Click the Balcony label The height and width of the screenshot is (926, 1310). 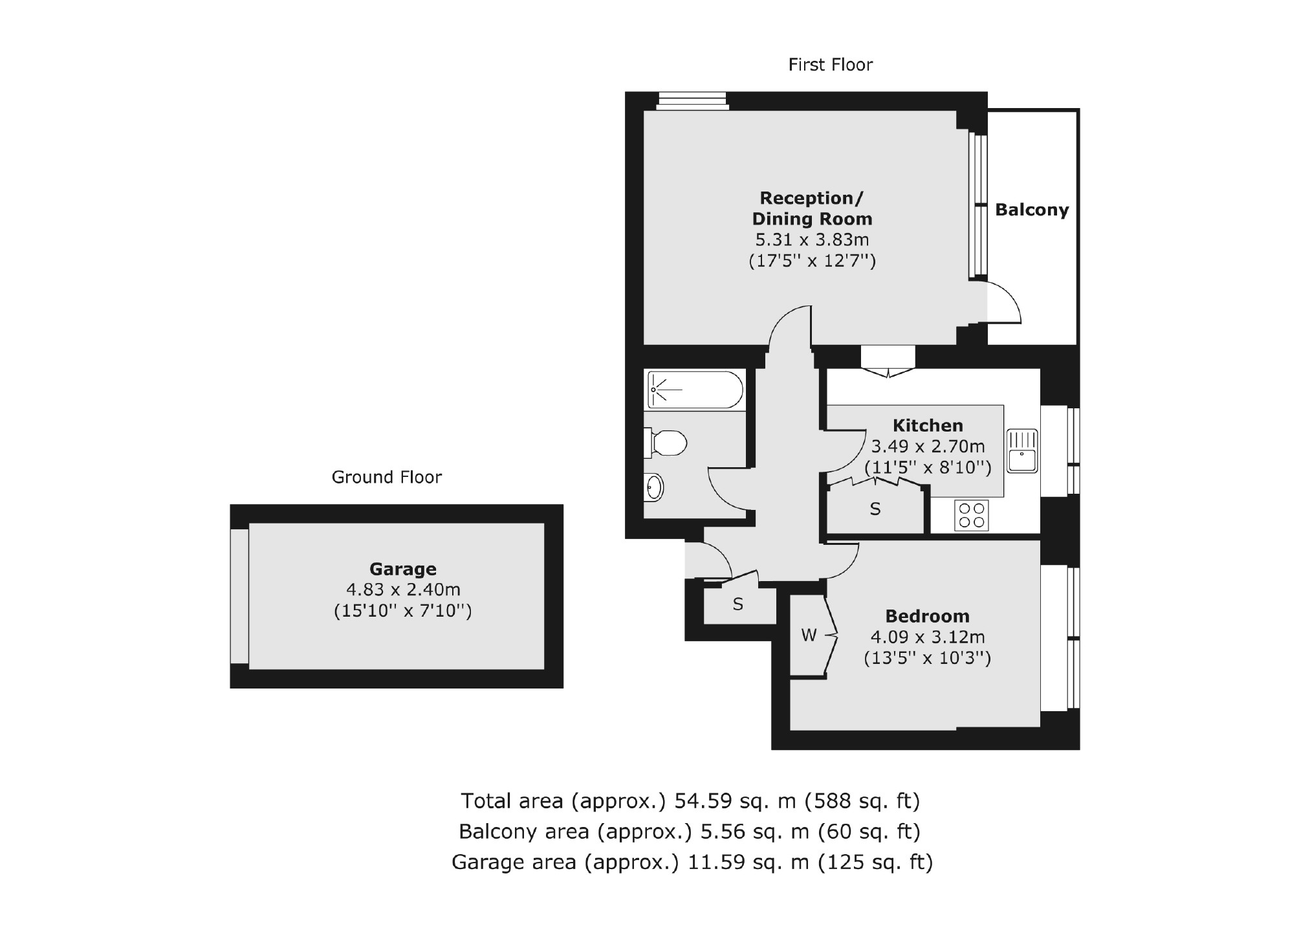pyautogui.click(x=1031, y=210)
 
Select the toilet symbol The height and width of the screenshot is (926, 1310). pyautogui.click(x=666, y=444)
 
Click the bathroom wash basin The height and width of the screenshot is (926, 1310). pyautogui.click(x=654, y=487)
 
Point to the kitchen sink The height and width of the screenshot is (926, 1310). pyautogui.click(x=1022, y=451)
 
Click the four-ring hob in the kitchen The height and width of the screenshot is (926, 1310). pyautogui.click(x=971, y=516)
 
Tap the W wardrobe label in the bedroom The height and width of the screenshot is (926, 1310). pyautogui.click(x=809, y=635)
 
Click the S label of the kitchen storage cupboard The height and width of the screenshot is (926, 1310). pyautogui.click(x=875, y=510)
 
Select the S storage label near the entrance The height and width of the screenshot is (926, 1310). pyautogui.click(x=737, y=604)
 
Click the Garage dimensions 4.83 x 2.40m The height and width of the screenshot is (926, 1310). pyautogui.click(x=403, y=590)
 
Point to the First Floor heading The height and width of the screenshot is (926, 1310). pyautogui.click(x=830, y=65)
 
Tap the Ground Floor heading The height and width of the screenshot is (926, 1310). pyautogui.click(x=386, y=478)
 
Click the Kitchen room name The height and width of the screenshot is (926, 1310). pyautogui.click(x=928, y=426)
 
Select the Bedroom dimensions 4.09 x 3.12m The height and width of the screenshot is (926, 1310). pyautogui.click(x=927, y=637)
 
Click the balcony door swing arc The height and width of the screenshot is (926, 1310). pyautogui.click(x=1007, y=302)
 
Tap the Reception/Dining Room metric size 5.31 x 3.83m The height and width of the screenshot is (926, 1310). pyautogui.click(x=812, y=240)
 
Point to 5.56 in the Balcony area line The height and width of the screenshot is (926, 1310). pyautogui.click(x=724, y=832)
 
